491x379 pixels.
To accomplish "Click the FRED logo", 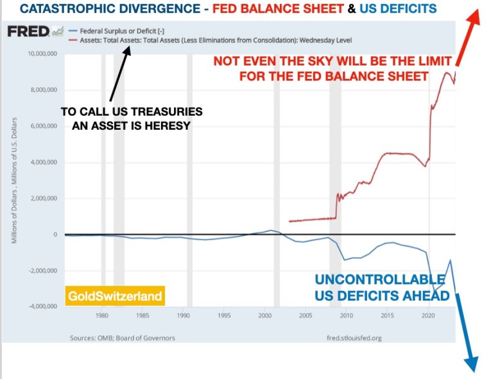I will click(x=29, y=31).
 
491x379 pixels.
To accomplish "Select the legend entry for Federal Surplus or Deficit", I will click(x=118, y=30).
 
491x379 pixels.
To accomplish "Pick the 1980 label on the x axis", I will click(x=101, y=316).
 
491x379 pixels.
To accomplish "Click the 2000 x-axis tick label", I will click(x=265, y=316).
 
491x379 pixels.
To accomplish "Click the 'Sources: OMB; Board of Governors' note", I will click(x=121, y=338).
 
